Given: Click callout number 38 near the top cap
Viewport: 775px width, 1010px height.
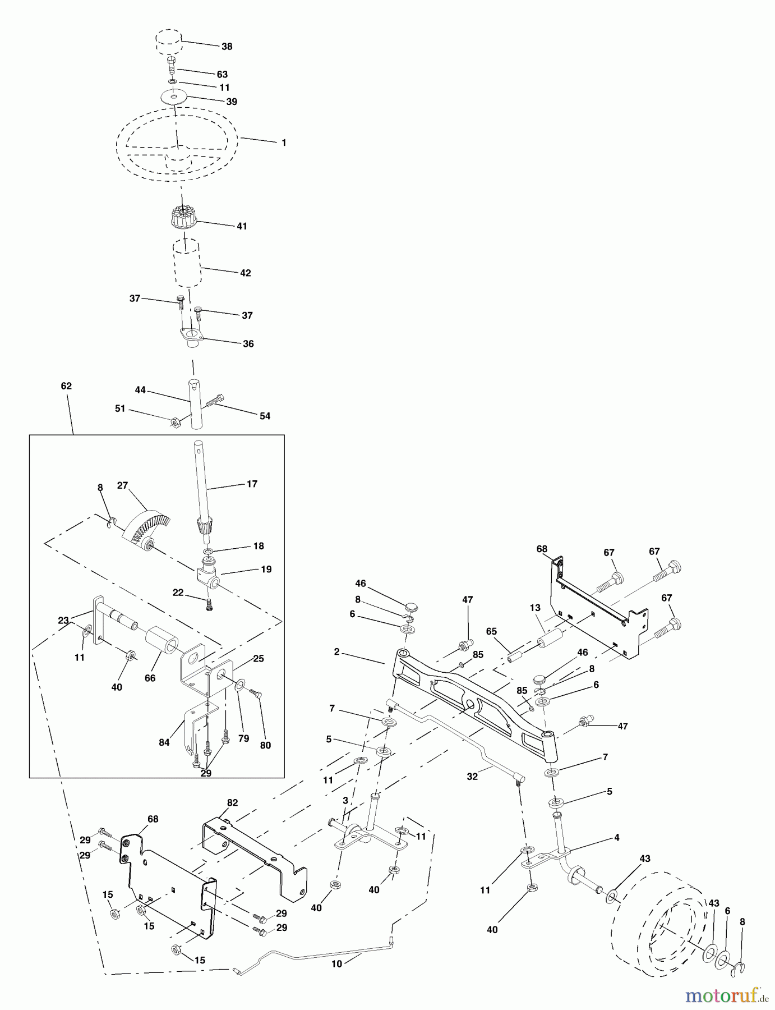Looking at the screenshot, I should click(x=227, y=47).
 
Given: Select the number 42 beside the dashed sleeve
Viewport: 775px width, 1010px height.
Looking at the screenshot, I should click(x=245, y=273).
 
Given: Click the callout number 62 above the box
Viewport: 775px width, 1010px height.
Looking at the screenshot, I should click(x=66, y=386).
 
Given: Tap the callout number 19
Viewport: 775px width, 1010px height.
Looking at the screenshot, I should click(x=266, y=569).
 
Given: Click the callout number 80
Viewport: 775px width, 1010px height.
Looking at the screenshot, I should click(x=265, y=745).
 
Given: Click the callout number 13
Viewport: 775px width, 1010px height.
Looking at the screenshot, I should click(x=534, y=608).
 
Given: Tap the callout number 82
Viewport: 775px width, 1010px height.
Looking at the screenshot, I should click(x=232, y=803).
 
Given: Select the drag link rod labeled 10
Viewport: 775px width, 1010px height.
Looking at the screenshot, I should click(x=314, y=954).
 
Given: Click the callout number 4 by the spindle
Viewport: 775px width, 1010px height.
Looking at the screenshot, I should click(x=617, y=838).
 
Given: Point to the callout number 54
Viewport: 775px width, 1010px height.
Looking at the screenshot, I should click(x=265, y=416).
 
